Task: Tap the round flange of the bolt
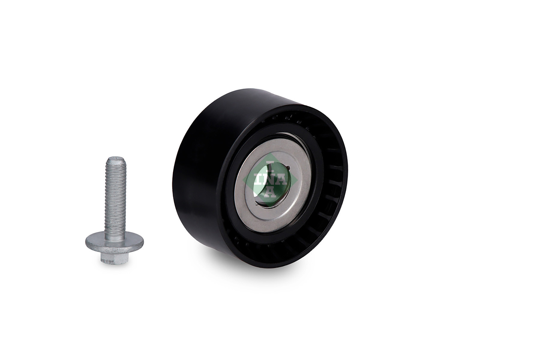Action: (x=114, y=242)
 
